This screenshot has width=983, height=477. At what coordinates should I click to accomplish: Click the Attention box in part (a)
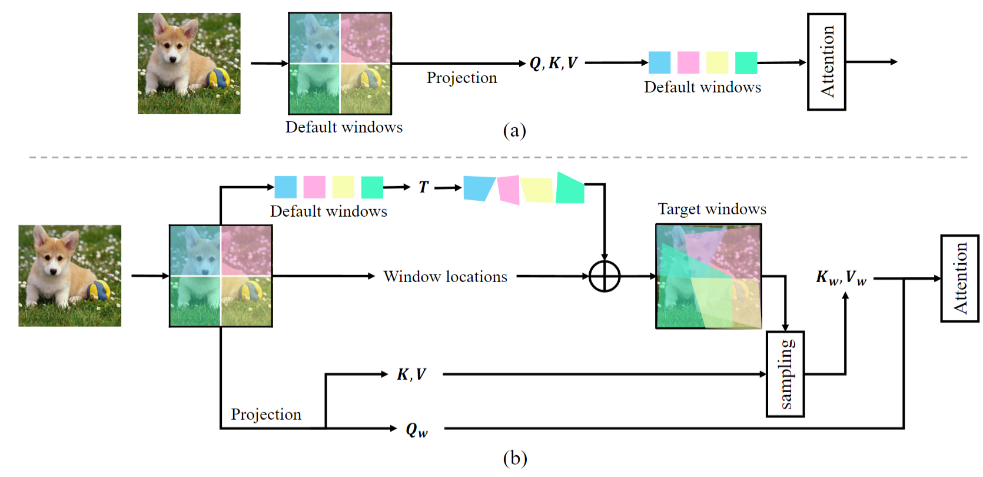point(826,62)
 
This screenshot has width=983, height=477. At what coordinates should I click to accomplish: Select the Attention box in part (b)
point(959,278)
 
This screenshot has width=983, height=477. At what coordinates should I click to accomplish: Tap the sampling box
point(785,374)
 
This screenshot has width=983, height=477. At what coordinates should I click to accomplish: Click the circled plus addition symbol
point(605,276)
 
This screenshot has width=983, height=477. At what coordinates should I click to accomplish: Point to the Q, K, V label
point(553,63)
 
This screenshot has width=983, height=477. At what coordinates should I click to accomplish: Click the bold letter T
point(423,187)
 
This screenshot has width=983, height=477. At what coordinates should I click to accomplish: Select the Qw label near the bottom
point(417,430)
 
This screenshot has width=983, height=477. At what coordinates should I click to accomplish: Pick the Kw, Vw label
point(841,277)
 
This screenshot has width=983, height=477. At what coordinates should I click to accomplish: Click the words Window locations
point(445,277)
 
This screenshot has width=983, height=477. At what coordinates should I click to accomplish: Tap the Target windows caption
point(712,209)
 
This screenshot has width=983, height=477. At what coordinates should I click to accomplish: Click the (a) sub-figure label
point(514,130)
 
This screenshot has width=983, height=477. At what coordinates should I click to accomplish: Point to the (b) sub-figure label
point(515,458)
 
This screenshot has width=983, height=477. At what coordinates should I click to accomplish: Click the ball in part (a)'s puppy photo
point(218,78)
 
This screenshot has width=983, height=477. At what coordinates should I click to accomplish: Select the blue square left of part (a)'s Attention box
point(659,62)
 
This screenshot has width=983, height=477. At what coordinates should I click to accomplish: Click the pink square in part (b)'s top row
point(314,187)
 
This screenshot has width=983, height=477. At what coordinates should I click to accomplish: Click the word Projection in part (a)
point(461,78)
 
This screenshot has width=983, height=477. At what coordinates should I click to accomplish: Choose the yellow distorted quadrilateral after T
point(537,190)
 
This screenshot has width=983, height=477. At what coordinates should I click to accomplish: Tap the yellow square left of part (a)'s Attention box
point(717,62)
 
